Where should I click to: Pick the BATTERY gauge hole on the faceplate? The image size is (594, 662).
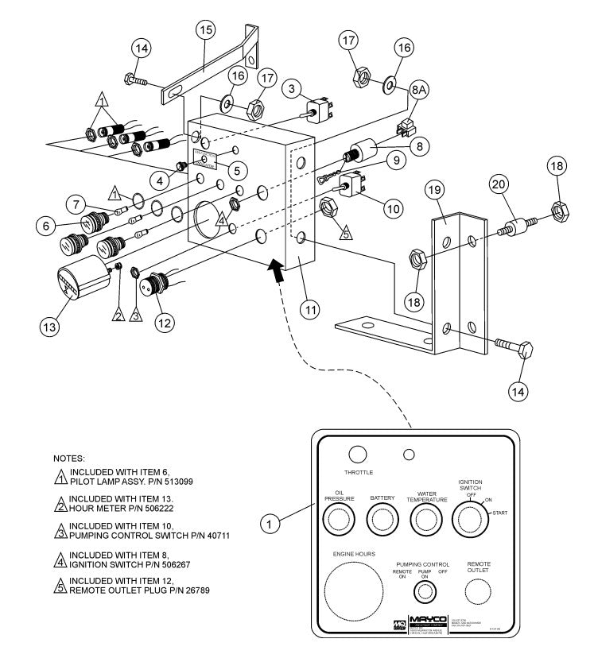point(383,521)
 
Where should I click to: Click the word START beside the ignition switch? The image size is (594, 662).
point(501,514)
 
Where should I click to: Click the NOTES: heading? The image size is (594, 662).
point(68,459)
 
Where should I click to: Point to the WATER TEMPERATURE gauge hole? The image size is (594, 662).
point(428,521)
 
